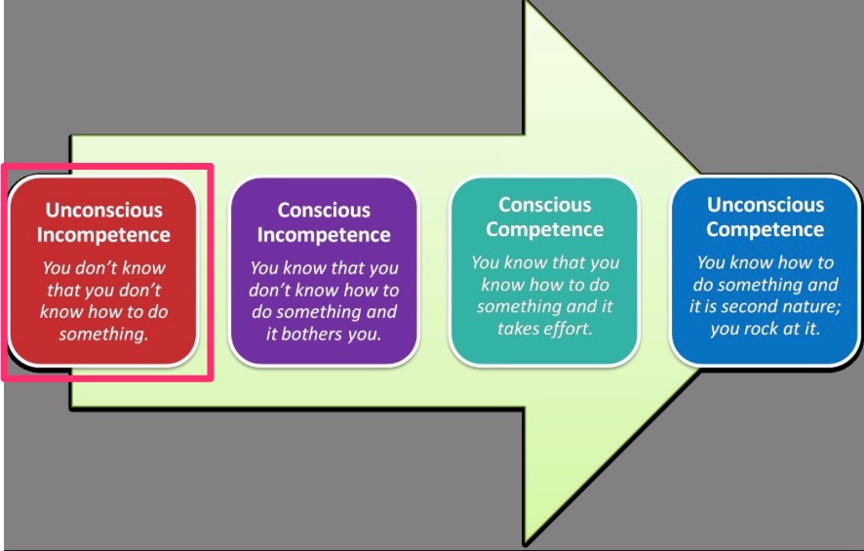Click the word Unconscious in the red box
coord(104,210)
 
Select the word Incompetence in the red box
coord(103,235)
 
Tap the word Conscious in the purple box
coord(324,210)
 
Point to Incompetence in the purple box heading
coord(324,235)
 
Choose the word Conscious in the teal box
coord(545,205)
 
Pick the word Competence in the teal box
coord(545,229)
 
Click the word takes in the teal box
coord(518,329)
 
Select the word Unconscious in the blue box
coord(766,205)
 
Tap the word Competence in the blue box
coord(766,229)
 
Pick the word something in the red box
coord(103,335)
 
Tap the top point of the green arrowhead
coord(526,2)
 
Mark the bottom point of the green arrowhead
coord(525,545)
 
